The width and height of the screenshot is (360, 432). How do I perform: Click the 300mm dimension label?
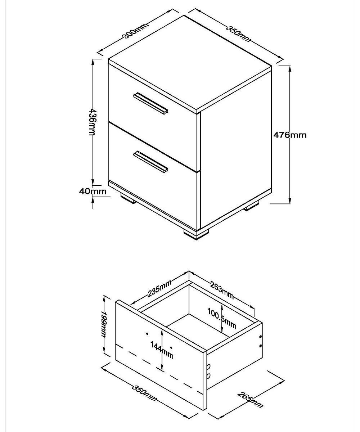pyautogui.click(x=136, y=31)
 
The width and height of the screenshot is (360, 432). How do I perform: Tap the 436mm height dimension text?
pyautogui.click(x=92, y=122)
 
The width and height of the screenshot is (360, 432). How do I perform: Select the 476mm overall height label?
pyautogui.click(x=290, y=135)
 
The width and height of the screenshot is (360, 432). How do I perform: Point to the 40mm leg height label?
pyautogui.click(x=93, y=191)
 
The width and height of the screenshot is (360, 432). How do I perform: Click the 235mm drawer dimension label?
pyautogui.click(x=159, y=288)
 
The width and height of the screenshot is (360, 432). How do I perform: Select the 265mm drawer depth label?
pyautogui.click(x=250, y=402)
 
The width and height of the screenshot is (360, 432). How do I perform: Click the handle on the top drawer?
pyautogui.click(x=150, y=103)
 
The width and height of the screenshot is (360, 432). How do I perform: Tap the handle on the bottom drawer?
pyautogui.click(x=150, y=162)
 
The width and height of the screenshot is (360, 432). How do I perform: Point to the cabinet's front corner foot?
pyautogui.click(x=196, y=235)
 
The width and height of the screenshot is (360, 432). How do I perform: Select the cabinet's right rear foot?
pyautogui.click(x=251, y=206)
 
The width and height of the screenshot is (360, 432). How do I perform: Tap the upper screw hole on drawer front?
pyautogui.click(x=147, y=333)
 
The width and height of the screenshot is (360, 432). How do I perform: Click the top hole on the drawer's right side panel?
pyautogui.click(x=260, y=337)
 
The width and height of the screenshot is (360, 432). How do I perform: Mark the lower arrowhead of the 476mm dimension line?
pyautogui.click(x=290, y=200)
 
